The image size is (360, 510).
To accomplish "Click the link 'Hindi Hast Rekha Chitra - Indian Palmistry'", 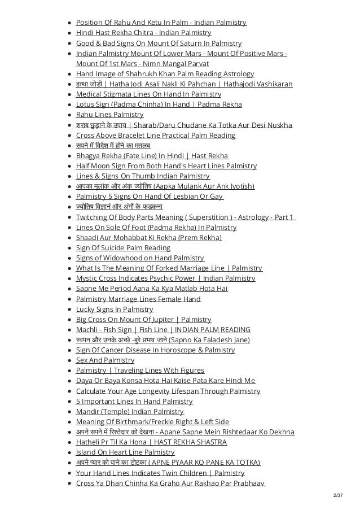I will (143, 33).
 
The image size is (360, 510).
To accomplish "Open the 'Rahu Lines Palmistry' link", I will (109, 115).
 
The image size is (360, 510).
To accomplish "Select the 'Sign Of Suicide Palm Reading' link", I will (123, 248).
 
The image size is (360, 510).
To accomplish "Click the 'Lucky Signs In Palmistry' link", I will (115, 310).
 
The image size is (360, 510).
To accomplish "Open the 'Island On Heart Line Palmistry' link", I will (125, 452).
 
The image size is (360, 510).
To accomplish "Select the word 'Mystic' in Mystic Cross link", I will (88, 278).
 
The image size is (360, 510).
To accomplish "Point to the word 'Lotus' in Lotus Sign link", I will (86, 104).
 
